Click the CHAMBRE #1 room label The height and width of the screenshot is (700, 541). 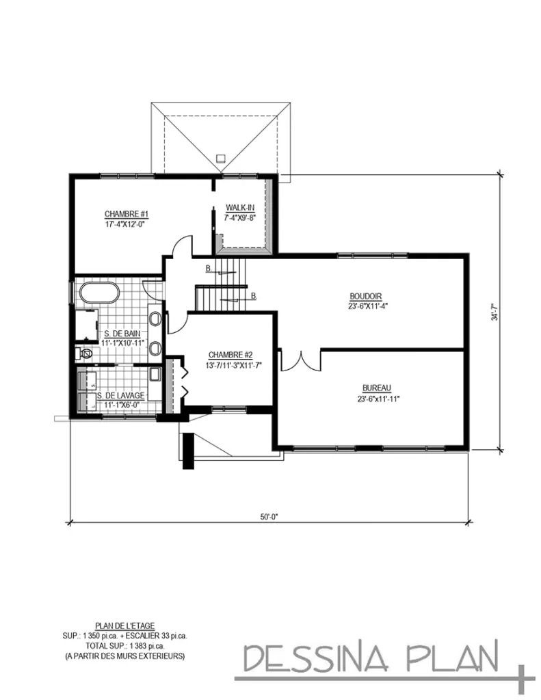(x=127, y=214)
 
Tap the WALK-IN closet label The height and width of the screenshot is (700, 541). (x=240, y=208)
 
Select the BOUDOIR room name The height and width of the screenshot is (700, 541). (x=365, y=297)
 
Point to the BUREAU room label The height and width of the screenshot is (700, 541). (x=377, y=388)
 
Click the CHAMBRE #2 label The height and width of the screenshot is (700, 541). (x=230, y=355)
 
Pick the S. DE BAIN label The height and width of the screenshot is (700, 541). (x=122, y=334)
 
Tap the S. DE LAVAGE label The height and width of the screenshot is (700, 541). (x=120, y=396)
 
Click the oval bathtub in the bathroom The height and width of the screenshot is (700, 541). (x=100, y=294)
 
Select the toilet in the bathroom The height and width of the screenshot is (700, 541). (x=85, y=354)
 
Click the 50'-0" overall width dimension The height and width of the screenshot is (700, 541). (x=269, y=517)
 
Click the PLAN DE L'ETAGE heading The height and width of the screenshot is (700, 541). (x=125, y=626)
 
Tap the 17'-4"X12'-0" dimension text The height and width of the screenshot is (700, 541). (x=127, y=224)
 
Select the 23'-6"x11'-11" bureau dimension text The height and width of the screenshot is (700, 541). (x=378, y=399)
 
